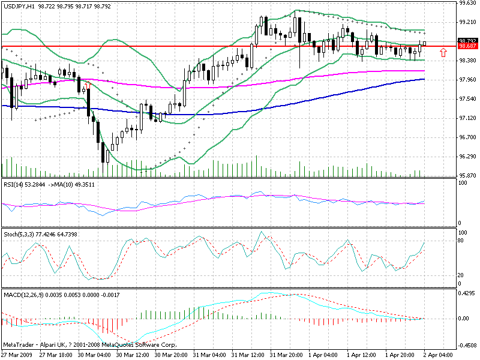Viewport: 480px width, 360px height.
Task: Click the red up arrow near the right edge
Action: click(443, 53)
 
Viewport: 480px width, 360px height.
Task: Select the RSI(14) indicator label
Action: click(13, 183)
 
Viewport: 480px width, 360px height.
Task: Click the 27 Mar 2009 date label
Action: click(16, 355)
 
